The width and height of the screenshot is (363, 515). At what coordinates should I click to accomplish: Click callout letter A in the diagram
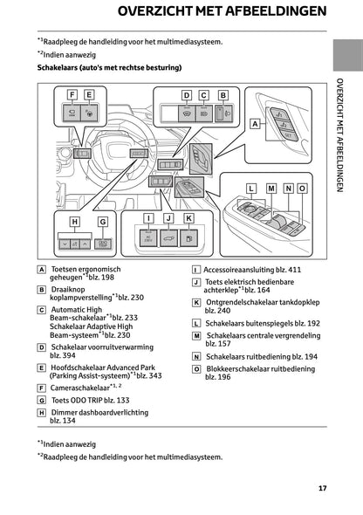click(x=256, y=125)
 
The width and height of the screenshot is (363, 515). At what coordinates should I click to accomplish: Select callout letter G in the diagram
click(x=103, y=222)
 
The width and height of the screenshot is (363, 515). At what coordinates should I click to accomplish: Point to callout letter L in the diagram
click(x=250, y=188)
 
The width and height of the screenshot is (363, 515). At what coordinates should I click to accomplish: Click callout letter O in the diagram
click(x=301, y=188)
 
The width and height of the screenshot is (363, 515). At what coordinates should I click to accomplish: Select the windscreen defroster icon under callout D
click(x=185, y=113)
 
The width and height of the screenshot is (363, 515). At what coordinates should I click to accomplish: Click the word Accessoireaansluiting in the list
click(x=237, y=270)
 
